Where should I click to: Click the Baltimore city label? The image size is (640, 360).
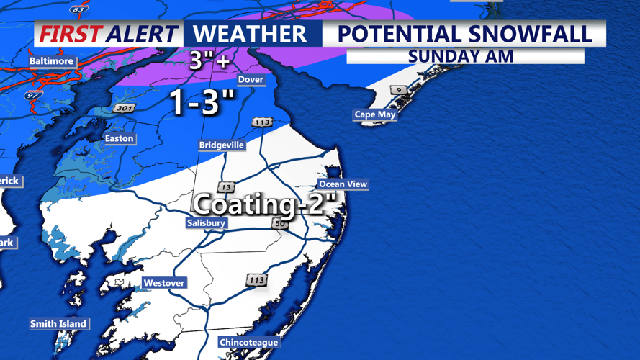pyautogui.click(x=51, y=61)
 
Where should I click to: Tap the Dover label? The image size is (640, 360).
pyautogui.click(x=251, y=79)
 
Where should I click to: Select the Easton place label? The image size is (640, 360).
pyautogui.click(x=120, y=138)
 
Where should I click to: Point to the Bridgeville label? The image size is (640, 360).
pyautogui.click(x=222, y=145)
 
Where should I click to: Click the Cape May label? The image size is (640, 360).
pyautogui.click(x=375, y=114)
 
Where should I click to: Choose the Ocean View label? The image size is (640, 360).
pyautogui.click(x=343, y=184)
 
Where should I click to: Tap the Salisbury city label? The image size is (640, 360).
pyautogui.click(x=206, y=223)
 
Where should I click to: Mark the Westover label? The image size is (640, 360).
pyautogui.click(x=164, y=283)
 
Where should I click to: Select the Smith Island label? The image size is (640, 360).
pyautogui.click(x=58, y=324)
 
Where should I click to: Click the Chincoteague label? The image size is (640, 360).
pyautogui.click(x=248, y=342)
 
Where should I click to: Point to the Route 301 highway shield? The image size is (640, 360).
pyautogui.click(x=123, y=109)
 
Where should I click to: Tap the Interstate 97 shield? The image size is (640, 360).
pyautogui.click(x=33, y=95)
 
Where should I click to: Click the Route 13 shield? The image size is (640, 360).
pyautogui.click(x=226, y=187)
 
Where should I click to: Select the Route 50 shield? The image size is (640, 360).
pyautogui.click(x=279, y=224)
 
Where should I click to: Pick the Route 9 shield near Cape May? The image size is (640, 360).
pyautogui.click(x=397, y=90)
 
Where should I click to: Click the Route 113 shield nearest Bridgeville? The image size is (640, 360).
pyautogui.click(x=262, y=122)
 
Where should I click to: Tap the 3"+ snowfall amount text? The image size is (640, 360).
pyautogui.click(x=209, y=60)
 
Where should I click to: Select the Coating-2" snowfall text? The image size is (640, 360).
pyautogui.click(x=266, y=204)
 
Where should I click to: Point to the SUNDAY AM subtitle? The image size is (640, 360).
pyautogui.click(x=460, y=56)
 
